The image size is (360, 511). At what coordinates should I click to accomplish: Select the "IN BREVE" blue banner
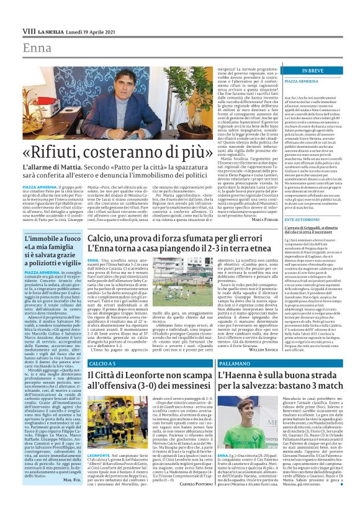317,71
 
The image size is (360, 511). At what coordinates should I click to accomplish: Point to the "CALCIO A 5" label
102,363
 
